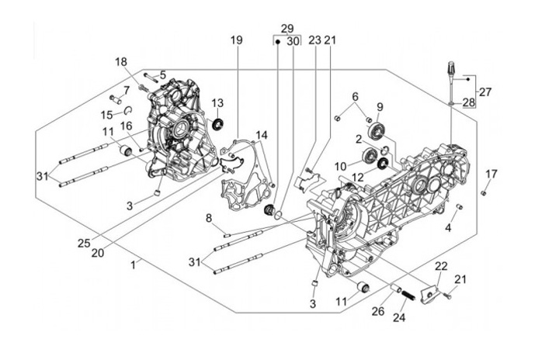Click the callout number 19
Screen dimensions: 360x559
pyautogui.click(x=236, y=40)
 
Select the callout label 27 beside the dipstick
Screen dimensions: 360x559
pyautogui.click(x=484, y=92)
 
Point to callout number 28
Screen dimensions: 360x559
pyautogui.click(x=468, y=102)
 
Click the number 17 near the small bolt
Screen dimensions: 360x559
pyautogui.click(x=491, y=173)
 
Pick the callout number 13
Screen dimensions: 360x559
pyautogui.click(x=217, y=103)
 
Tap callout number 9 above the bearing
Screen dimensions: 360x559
pyautogui.click(x=380, y=107)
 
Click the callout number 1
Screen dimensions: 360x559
pyautogui.click(x=134, y=264)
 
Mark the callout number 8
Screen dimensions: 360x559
pyautogui.click(x=208, y=219)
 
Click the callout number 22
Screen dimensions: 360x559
pyautogui.click(x=441, y=268)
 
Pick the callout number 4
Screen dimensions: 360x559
pyautogui.click(x=448, y=227)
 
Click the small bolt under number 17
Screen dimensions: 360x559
pyautogui.click(x=483, y=191)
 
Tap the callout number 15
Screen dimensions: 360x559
pyautogui.click(x=106, y=114)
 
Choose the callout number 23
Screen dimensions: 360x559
pyautogui.click(x=314, y=40)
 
